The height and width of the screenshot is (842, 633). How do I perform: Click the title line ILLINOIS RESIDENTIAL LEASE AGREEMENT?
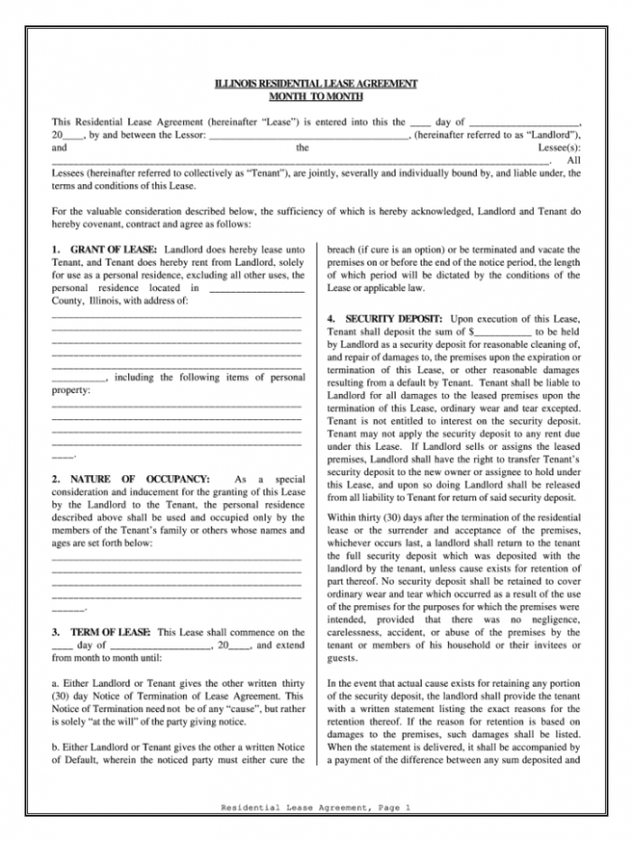(x=316, y=84)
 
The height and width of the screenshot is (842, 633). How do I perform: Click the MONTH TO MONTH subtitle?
(x=316, y=96)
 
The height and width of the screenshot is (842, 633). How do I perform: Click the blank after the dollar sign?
(x=504, y=332)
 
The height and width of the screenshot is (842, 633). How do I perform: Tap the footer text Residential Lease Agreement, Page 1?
(x=316, y=807)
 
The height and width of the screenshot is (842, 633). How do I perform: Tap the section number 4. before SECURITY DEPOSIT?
(x=332, y=320)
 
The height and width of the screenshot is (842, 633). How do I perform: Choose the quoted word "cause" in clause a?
(x=229, y=708)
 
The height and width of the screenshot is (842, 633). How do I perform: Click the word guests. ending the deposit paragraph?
(x=342, y=658)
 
